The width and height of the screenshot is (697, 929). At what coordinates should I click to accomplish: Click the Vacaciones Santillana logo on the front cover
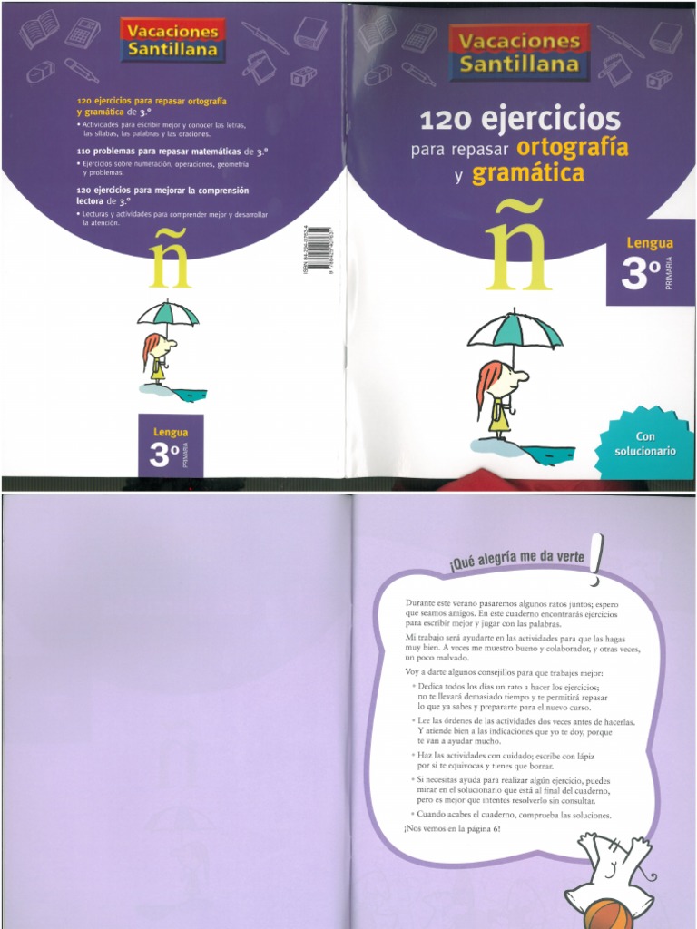pos(519,52)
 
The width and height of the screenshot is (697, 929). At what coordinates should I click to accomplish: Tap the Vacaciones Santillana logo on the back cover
pos(172,39)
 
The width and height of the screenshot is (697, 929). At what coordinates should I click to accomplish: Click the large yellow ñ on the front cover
pos(515,253)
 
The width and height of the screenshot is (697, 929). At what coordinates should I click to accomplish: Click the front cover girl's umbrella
pos(515,330)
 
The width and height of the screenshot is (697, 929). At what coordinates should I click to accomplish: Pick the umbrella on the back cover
pos(168,313)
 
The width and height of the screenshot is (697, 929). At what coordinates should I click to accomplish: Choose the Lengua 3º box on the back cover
pos(171,445)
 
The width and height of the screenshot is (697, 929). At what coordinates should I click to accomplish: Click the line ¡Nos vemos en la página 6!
pos(452,830)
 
